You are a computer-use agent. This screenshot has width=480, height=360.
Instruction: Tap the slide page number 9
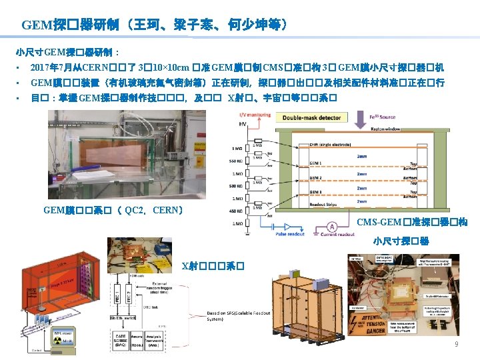456,344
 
